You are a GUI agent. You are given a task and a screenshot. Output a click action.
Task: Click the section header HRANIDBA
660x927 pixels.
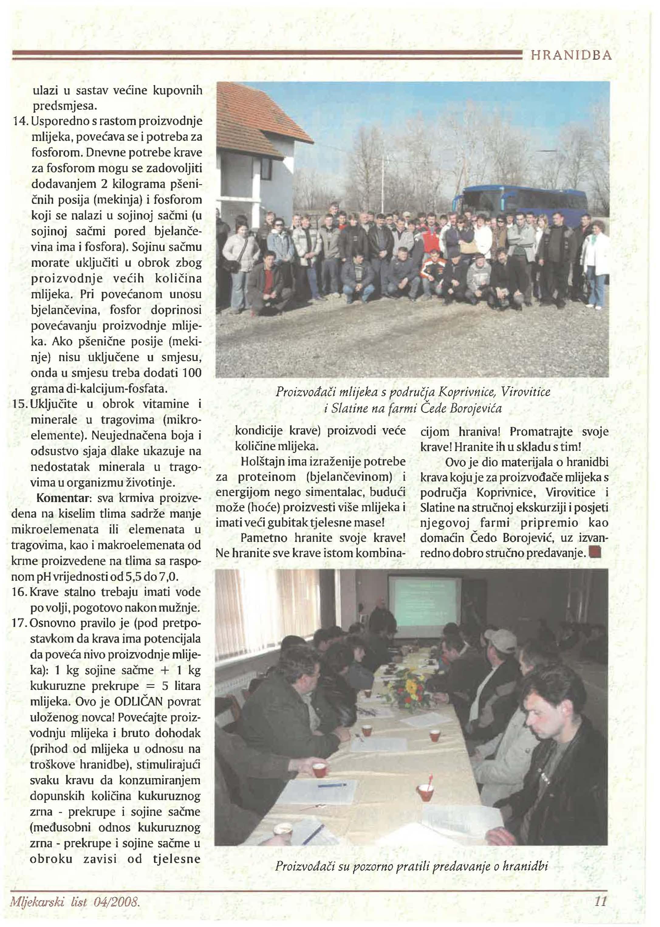click(x=571, y=55)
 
